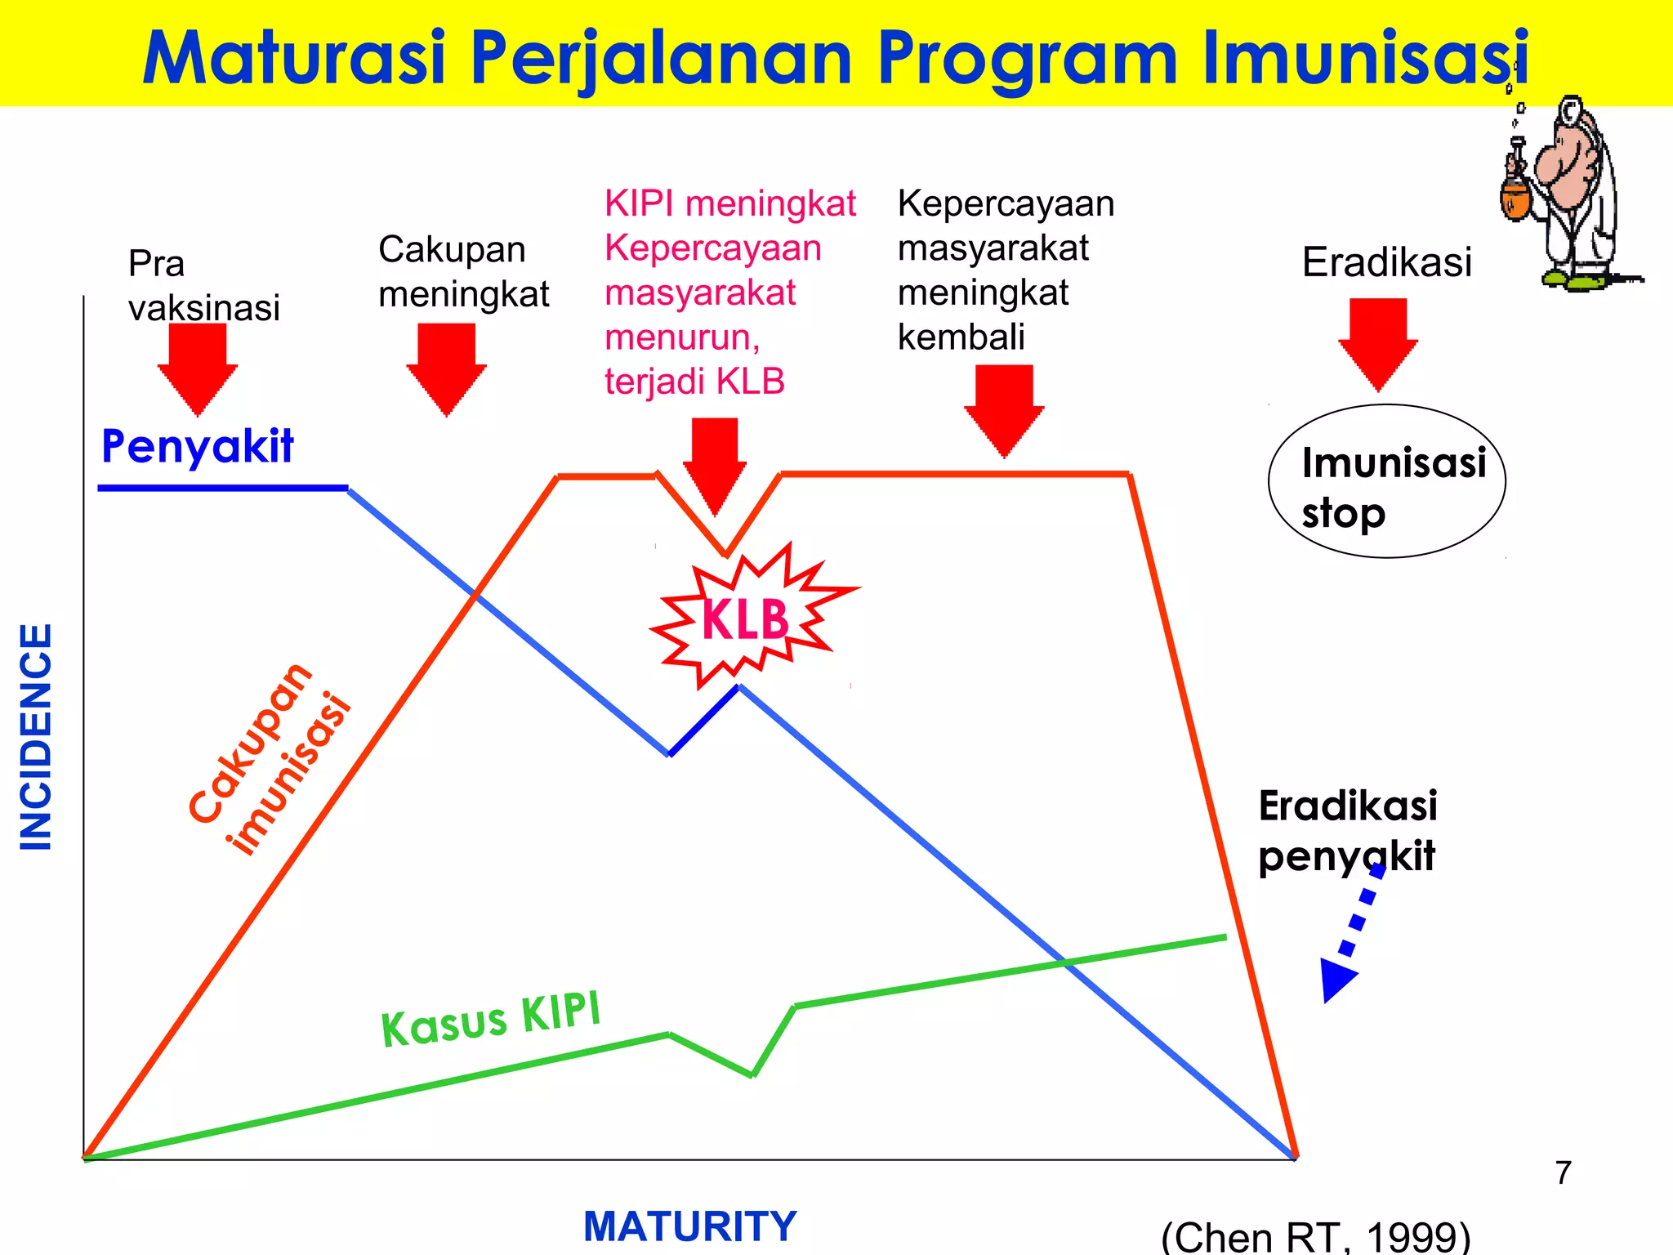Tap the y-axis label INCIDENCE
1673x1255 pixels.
pos(36,736)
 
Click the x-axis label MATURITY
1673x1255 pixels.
pos(689,1226)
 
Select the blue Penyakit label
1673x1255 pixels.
pos(197,446)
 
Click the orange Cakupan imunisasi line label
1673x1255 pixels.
pos(270,760)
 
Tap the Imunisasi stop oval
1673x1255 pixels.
pos(1386,482)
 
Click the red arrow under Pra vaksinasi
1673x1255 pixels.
pos(197,368)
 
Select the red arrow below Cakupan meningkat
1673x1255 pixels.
pos(446,368)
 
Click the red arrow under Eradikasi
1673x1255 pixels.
pos(1377,343)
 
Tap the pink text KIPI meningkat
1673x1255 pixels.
pos(729,203)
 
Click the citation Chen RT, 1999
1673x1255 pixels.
pos(1315,1235)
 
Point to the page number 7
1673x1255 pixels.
pos(1563,1173)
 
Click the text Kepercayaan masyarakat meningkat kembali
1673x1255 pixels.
pos(1005,270)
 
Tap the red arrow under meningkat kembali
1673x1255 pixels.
pos(1004,409)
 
